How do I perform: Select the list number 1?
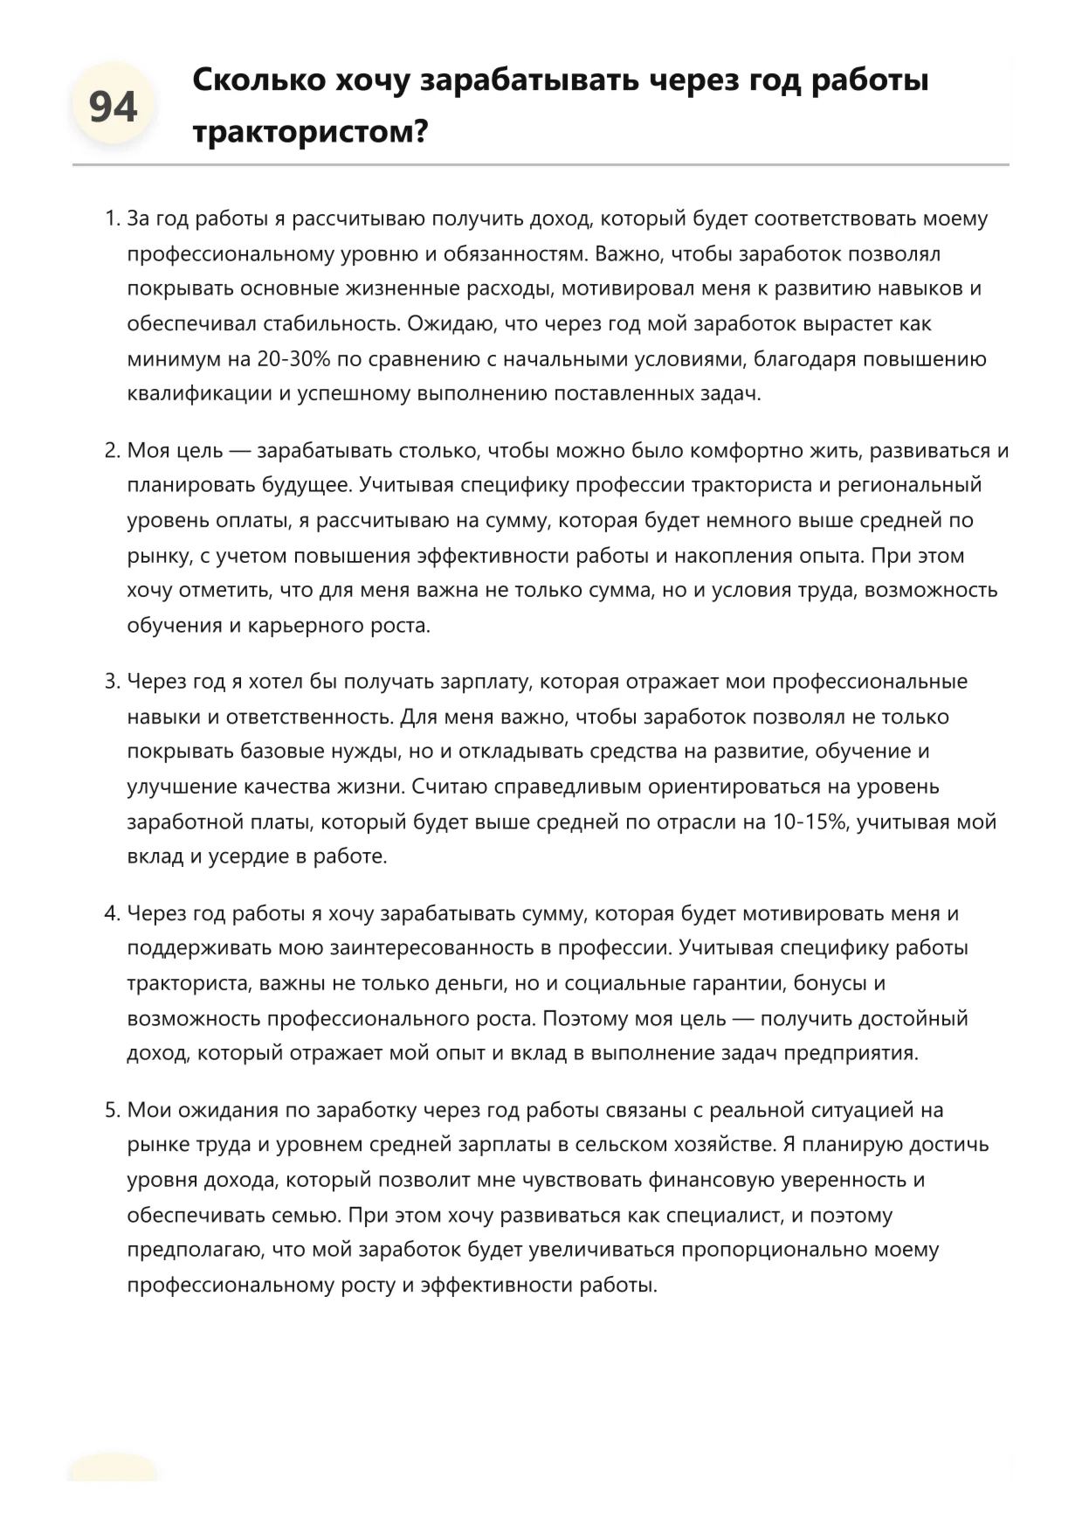[x=111, y=218]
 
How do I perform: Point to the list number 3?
[x=111, y=682]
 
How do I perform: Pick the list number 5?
[x=111, y=1110]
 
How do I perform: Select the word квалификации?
[x=200, y=393]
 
